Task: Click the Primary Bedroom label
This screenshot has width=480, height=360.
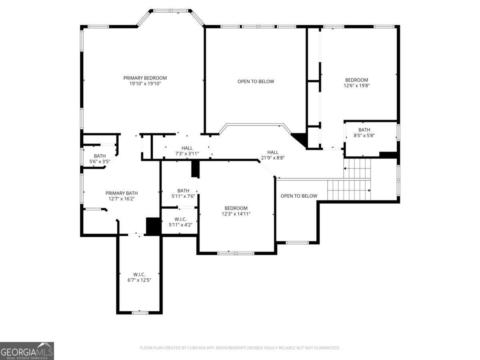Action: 145,78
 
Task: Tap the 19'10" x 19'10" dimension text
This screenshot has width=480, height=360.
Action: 145,84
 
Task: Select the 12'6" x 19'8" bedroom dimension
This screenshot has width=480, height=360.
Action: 357,85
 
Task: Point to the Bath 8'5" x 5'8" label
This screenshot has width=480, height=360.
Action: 364,132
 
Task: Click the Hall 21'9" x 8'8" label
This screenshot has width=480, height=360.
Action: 273,155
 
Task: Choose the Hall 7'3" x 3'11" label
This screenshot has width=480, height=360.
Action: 187,151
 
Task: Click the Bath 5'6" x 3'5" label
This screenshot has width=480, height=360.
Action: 100,159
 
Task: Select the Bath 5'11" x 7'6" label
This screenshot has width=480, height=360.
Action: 183,193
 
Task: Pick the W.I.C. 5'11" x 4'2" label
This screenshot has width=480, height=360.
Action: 180,222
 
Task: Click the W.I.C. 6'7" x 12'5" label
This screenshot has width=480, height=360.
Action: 139,277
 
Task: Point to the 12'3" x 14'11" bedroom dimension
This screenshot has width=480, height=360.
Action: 236,214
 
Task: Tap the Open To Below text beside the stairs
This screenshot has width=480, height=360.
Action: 299,196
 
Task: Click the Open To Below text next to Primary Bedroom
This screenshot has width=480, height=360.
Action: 256,82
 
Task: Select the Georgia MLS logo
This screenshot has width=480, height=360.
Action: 27,351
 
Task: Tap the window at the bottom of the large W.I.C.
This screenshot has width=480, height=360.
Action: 140,312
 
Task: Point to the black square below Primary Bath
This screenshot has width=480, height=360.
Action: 153,226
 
